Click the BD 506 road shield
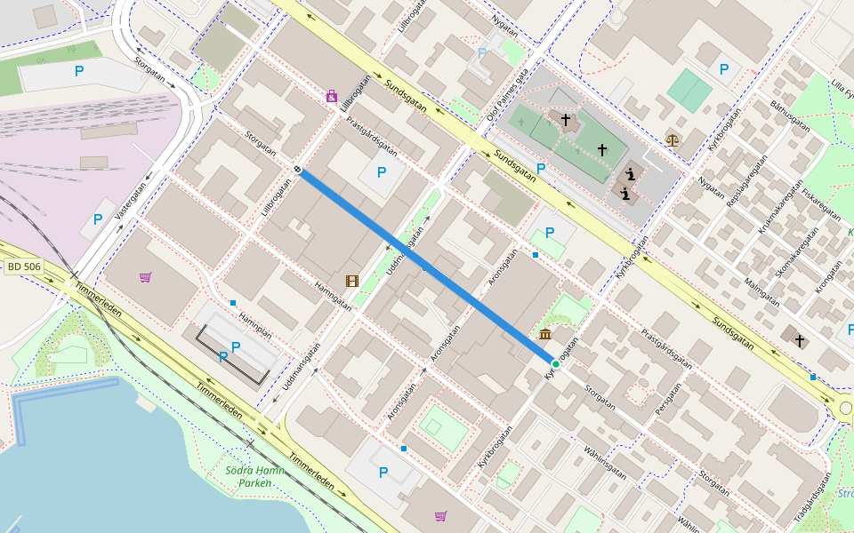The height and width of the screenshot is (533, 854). tap(24, 266)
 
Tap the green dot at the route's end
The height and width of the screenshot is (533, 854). tap(555, 364)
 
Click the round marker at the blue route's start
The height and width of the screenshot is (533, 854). tap(298, 170)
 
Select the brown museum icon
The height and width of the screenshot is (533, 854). tap(544, 334)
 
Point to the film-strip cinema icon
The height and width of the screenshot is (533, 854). tap(352, 282)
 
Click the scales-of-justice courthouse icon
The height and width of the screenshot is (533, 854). tap(672, 139)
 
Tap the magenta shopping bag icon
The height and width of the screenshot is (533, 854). tap(332, 96)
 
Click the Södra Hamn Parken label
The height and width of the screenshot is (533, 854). tap(254, 476)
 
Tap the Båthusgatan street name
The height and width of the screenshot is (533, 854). tap(790, 115)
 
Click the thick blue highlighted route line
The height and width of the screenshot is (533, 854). tap(427, 266)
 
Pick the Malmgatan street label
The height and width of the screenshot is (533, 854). tap(761, 291)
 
